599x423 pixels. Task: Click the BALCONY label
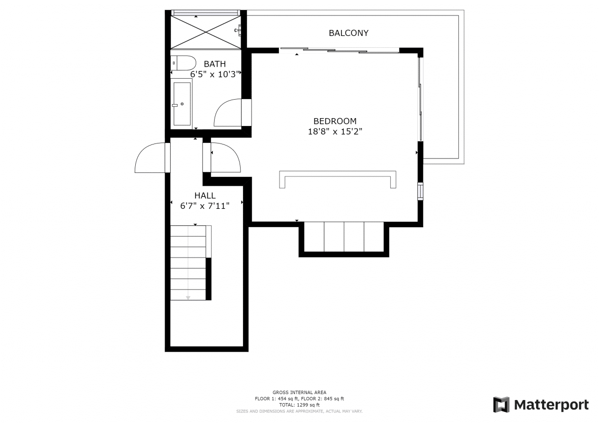348,33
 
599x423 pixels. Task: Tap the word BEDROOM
335,121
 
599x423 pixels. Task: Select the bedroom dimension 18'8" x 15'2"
335,132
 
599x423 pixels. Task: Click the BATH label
215,64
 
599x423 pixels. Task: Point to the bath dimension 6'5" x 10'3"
215,74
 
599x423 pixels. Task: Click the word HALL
205,196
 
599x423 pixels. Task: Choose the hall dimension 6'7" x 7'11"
205,206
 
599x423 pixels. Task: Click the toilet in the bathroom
183,63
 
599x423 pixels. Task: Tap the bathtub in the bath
182,104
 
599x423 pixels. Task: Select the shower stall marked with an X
206,32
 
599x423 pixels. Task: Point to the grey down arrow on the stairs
188,297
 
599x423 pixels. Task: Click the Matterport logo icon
501,405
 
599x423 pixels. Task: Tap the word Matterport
552,405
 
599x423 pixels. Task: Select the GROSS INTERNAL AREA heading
299,392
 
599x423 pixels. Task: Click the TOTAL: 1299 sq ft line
299,405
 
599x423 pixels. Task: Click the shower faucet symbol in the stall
238,30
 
